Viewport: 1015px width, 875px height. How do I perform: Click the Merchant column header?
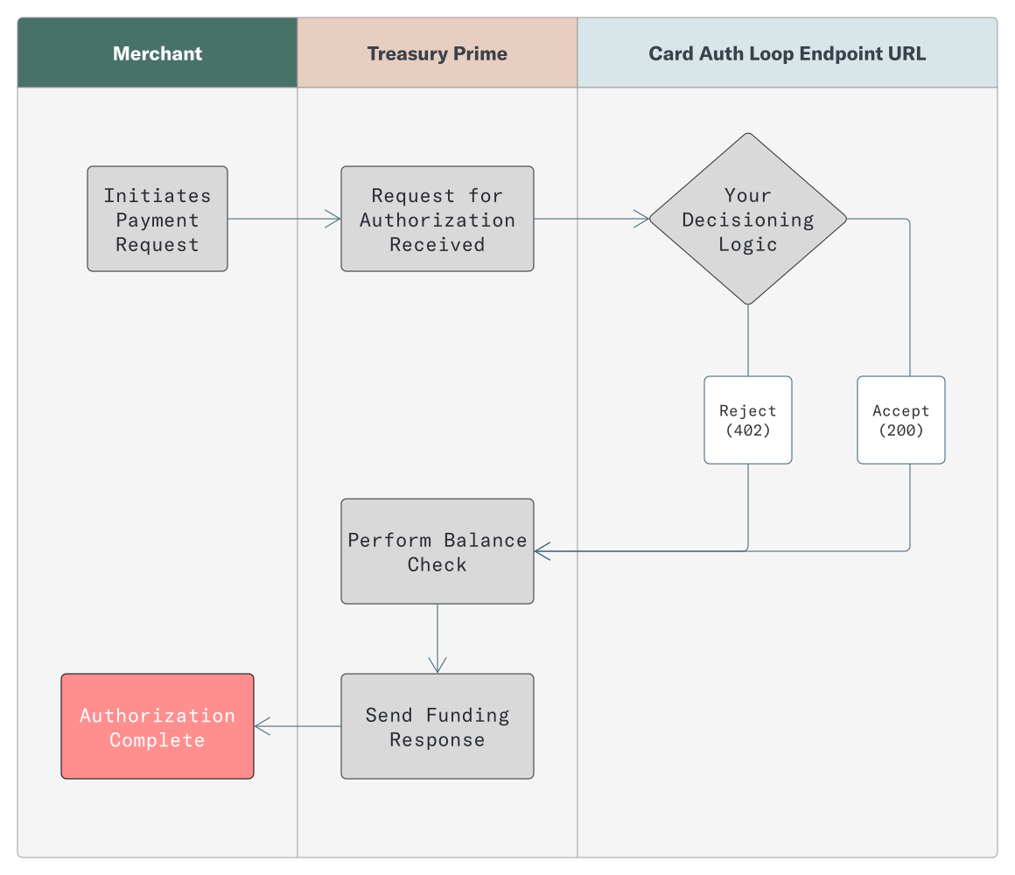157,53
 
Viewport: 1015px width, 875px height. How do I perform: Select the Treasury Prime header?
437,53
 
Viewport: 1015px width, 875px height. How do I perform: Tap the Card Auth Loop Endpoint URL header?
787,53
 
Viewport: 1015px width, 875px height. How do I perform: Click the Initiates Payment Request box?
157,219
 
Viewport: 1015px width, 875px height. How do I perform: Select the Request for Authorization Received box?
437,219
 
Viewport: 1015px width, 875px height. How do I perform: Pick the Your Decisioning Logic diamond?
747,219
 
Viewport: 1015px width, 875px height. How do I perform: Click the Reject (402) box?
747,420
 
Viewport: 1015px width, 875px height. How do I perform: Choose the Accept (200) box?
900,420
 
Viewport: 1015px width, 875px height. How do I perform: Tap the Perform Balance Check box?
437,551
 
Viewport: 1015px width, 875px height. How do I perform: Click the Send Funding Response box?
437,726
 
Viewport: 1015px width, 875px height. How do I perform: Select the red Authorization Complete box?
157,726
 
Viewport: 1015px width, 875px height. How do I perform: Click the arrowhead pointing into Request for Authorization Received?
333,219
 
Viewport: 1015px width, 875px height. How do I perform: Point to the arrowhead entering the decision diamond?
641,219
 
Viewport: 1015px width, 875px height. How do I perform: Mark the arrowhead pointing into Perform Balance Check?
542,551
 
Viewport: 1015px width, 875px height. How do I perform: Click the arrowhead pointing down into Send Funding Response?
437,666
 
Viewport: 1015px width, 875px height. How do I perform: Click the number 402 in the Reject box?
748,430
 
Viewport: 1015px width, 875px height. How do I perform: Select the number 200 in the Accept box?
901,430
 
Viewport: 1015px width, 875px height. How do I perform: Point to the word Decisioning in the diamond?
747,220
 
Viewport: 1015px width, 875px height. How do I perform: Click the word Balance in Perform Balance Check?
485,540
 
